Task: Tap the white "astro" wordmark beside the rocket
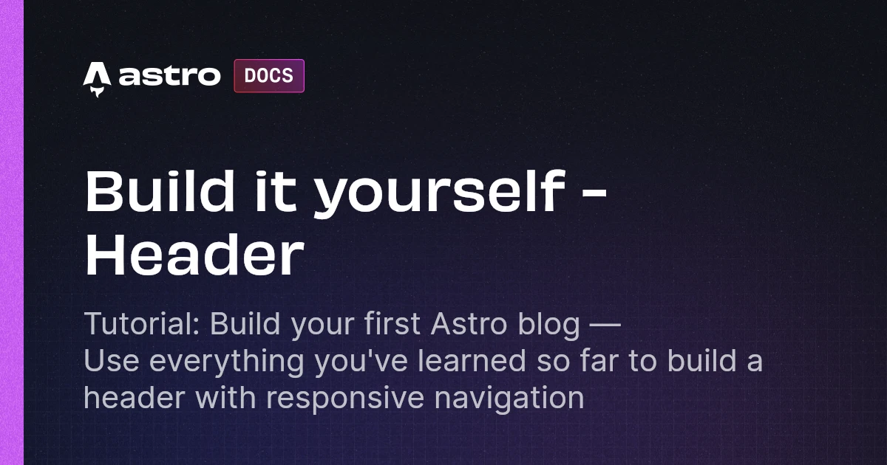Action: click(x=169, y=76)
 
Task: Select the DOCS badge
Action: click(x=269, y=75)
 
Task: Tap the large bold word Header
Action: click(x=194, y=255)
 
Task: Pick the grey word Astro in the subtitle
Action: click(x=452, y=325)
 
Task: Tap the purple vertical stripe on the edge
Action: click(x=12, y=232)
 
